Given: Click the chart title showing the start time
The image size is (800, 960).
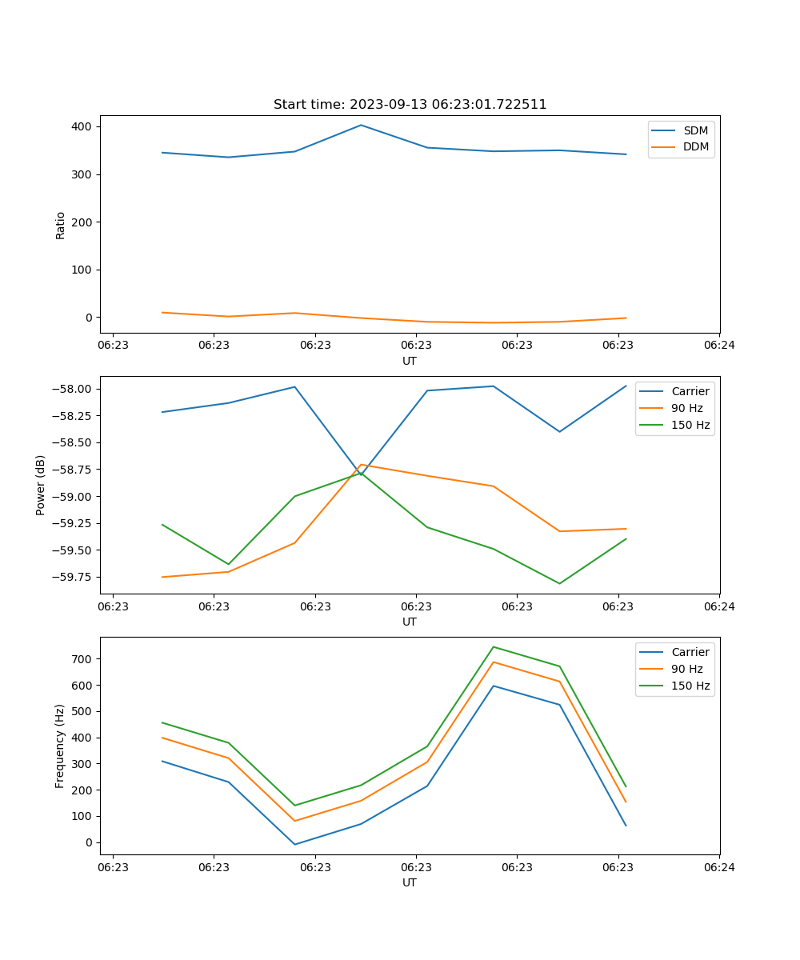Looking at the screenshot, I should [x=410, y=105].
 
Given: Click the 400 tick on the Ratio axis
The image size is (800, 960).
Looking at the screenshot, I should [x=82, y=126].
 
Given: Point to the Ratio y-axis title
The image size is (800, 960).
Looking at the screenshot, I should [x=61, y=225].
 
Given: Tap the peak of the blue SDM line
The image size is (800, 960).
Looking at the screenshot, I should [x=361, y=125].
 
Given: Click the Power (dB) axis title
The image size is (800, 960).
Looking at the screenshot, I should [x=41, y=485].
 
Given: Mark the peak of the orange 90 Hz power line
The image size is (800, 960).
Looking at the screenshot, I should [x=361, y=464].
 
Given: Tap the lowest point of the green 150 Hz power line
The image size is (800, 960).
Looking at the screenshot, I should [x=559, y=583].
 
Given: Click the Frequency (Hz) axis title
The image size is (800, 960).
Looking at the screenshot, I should [x=61, y=746].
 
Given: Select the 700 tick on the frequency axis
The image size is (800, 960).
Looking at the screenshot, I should [x=82, y=659].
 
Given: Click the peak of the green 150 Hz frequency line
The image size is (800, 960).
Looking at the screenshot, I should [x=493, y=646].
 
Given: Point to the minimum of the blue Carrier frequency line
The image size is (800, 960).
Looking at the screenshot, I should [x=294, y=845].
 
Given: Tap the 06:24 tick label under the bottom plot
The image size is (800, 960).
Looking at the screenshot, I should [x=718, y=866].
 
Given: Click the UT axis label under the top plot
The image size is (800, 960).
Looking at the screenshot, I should [x=410, y=361].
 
